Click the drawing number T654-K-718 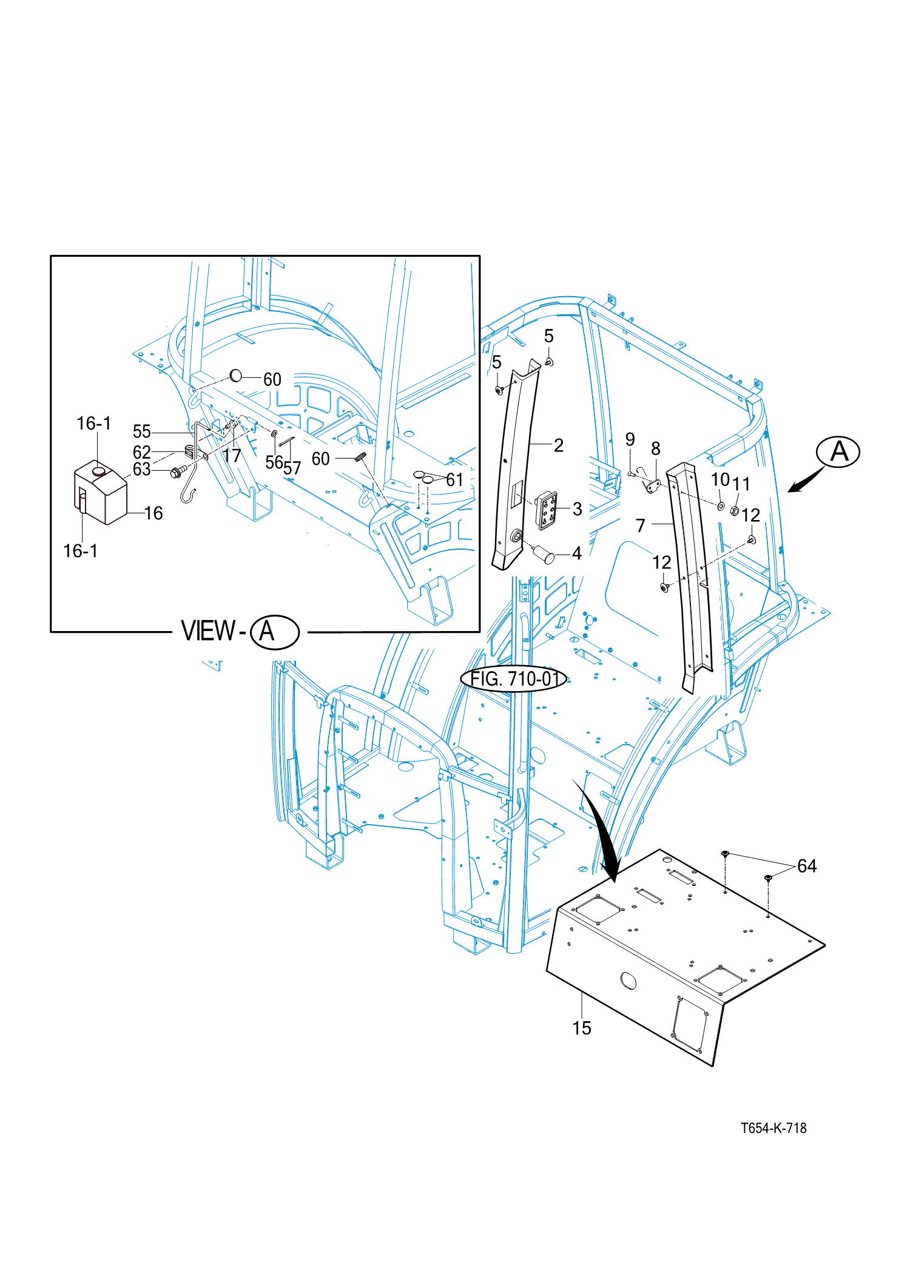[773, 1128]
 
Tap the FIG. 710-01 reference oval [514, 678]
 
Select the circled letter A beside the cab [838, 452]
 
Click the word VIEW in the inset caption [208, 631]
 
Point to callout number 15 [581, 1028]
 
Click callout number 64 [807, 866]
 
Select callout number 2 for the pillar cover [559, 445]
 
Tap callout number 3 [577, 509]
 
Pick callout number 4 [576, 553]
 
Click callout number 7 [640, 525]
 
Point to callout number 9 [630, 439]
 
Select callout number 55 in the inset [141, 431]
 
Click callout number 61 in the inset [455, 480]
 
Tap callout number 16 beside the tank [153, 513]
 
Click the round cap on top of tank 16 [98, 470]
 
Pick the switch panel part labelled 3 [546, 510]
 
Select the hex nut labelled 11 [735, 511]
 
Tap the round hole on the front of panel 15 [629, 980]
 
